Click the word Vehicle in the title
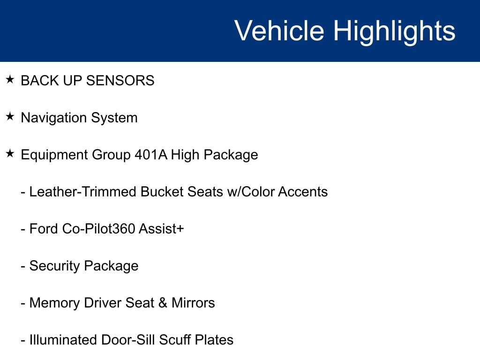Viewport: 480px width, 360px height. point(279,30)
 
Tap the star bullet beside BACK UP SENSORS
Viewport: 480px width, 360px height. point(10,79)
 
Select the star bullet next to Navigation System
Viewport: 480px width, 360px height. point(10,116)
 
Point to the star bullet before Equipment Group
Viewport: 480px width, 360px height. point(10,153)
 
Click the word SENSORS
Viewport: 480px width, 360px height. point(120,81)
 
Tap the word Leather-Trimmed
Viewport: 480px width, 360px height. point(83,192)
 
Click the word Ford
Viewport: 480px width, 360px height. point(44,229)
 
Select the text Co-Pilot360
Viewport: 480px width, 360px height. point(98,229)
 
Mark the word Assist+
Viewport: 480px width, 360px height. point(161,229)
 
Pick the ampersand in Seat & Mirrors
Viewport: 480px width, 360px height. point(163,303)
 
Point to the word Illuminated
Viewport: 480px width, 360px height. point(63,340)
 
